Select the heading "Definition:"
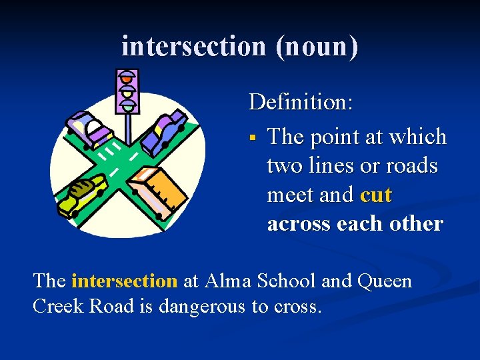301,102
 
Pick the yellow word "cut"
376,195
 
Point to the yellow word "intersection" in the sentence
124,281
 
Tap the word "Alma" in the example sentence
228,281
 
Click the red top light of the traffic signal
126,76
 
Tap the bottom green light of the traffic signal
126,105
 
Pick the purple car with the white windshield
88,129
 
